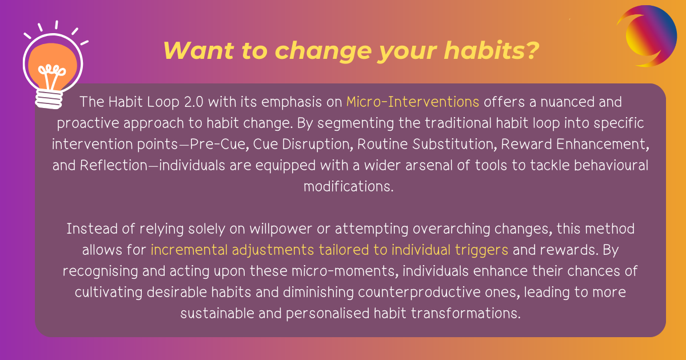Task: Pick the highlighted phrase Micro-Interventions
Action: point(413,102)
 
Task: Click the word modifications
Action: point(349,187)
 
